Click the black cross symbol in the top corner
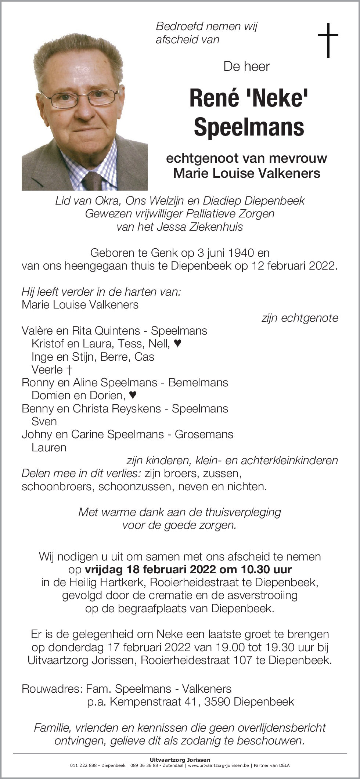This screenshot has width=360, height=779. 328,40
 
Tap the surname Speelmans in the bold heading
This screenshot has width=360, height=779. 249,127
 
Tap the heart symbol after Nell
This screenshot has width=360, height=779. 177,343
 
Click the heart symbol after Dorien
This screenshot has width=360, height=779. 133,395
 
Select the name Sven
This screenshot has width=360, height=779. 44,421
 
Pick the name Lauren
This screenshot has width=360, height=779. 49,447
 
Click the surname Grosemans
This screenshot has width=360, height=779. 204,434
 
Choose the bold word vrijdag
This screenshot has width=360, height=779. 104,570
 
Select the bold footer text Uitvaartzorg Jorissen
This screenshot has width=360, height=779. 180,760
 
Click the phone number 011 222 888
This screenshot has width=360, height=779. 83,765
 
